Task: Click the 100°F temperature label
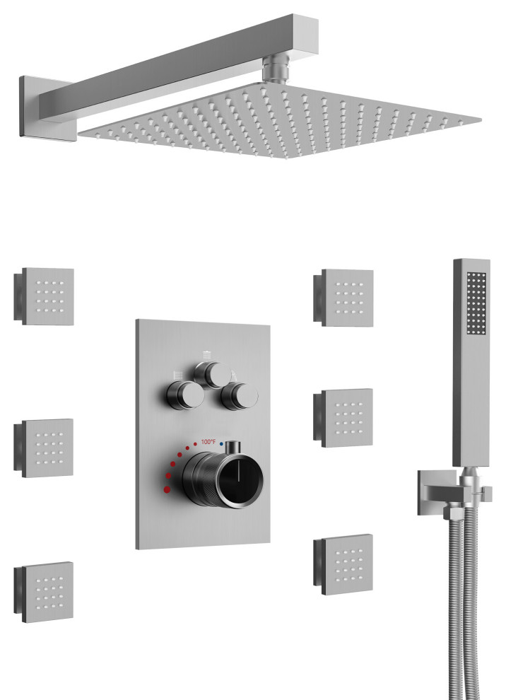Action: pos(208,442)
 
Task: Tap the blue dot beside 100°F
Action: pos(221,445)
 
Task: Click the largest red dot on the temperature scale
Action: pos(167,489)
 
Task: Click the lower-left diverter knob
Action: pos(185,395)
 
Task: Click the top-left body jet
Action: pos(44,296)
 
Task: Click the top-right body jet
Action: pos(343,298)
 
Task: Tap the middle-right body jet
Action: pos(343,418)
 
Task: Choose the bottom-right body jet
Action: pos(343,565)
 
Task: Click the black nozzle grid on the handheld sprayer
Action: pos(476,303)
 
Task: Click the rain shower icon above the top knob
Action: pos(206,356)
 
